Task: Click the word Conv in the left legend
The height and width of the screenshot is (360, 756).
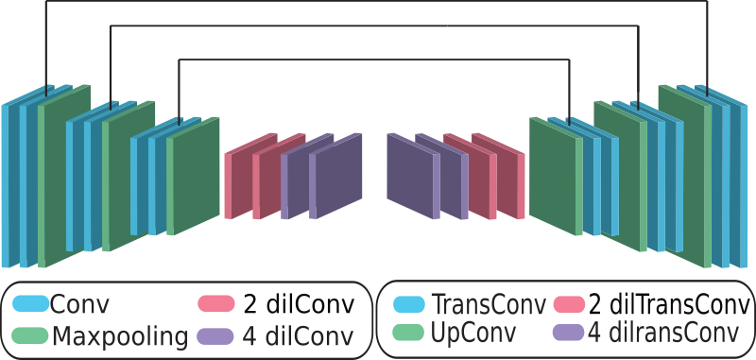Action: pos(79,304)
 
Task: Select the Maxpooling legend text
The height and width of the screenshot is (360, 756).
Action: pos(120,335)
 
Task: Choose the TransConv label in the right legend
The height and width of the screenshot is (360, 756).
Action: pos(488,304)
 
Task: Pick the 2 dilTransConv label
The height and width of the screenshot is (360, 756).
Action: pos(670,304)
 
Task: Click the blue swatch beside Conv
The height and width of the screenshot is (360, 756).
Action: pos(30,304)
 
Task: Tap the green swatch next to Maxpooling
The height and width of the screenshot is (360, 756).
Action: pos(30,335)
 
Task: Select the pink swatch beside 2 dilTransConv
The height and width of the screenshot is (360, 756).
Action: pos(568,304)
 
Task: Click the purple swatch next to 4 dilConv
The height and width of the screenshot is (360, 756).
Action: pos(215,335)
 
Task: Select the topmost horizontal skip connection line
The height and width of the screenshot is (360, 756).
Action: pos(378,2)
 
